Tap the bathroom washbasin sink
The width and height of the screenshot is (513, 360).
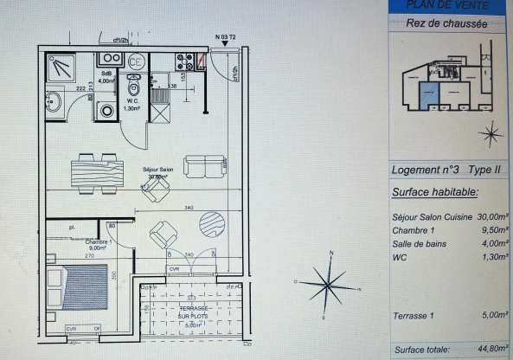54,100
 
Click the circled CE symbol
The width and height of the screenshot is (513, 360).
136,61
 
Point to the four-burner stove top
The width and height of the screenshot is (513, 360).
184,62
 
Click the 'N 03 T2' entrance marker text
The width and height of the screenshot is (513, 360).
227,37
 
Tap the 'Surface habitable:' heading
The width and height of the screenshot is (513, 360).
434,192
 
